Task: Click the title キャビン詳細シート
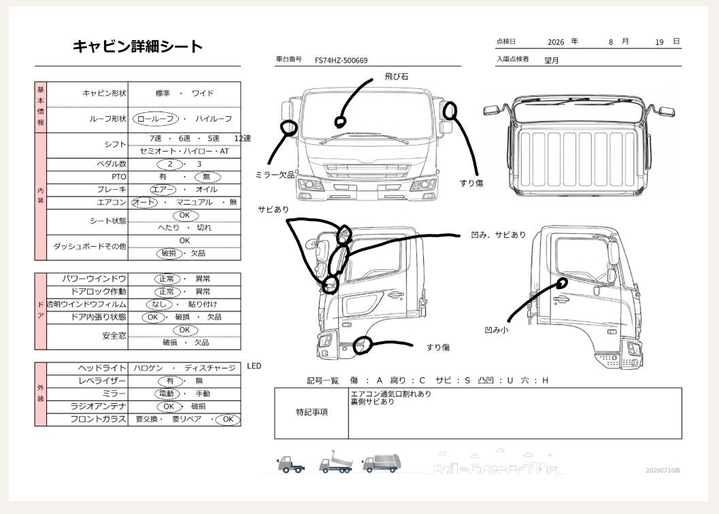(x=137, y=46)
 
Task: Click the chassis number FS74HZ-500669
(x=341, y=60)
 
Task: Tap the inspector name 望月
(x=551, y=60)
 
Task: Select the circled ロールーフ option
(x=156, y=119)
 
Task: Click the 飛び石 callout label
(x=396, y=77)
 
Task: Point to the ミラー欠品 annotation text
(x=275, y=175)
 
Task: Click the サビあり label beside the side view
(x=273, y=209)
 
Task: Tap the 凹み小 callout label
(x=497, y=330)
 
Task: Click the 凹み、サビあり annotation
(x=499, y=235)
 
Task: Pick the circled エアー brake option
(x=163, y=190)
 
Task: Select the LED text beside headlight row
(x=254, y=366)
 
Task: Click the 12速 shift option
(x=243, y=139)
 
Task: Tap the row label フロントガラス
(x=98, y=419)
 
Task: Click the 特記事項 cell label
(x=312, y=412)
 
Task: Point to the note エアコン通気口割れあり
(x=390, y=394)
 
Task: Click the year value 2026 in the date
(x=556, y=42)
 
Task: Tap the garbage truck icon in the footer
(x=382, y=464)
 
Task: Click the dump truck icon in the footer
(x=335, y=462)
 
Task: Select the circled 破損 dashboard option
(x=169, y=253)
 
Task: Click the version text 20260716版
(x=663, y=470)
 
